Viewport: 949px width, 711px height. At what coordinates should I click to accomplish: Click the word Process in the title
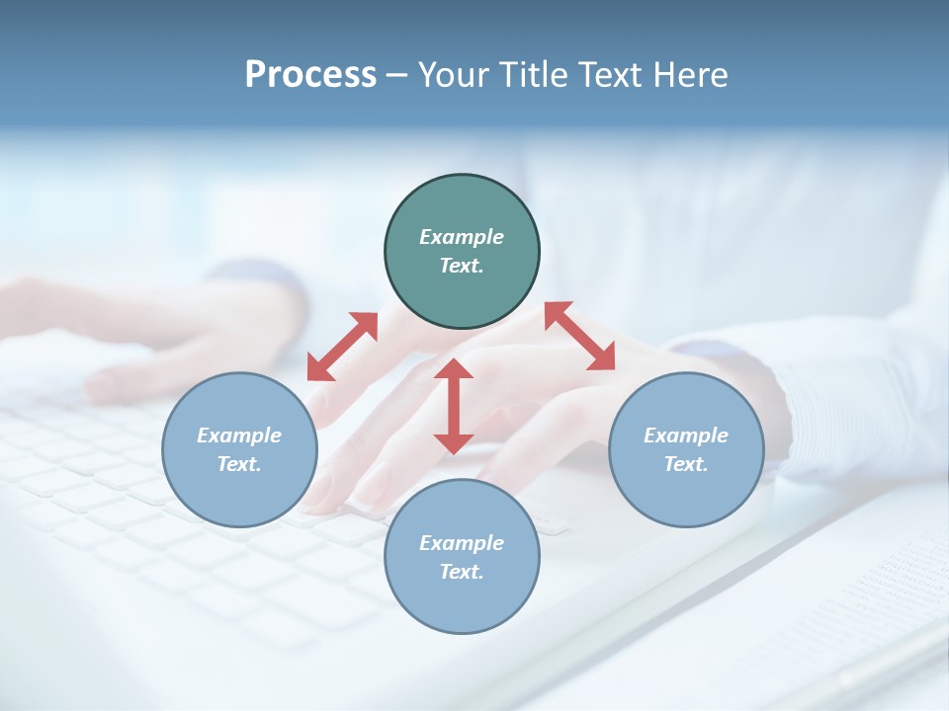(310, 75)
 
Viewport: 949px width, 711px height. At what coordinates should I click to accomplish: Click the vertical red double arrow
(454, 406)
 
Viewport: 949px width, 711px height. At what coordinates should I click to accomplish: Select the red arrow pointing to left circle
(342, 346)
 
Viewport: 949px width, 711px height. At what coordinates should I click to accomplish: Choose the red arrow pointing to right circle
(580, 336)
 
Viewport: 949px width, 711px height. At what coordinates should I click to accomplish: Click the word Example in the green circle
(462, 237)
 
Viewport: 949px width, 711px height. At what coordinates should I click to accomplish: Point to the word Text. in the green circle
(462, 266)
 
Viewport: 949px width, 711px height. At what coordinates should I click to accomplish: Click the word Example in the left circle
(239, 435)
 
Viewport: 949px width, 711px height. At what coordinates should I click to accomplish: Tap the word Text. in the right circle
(686, 464)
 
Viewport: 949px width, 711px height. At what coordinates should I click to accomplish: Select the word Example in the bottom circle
(462, 543)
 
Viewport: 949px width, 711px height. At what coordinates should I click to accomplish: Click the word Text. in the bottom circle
(462, 572)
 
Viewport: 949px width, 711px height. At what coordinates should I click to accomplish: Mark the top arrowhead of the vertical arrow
(454, 369)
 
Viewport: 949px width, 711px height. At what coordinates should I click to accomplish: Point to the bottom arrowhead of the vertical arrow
(454, 443)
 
